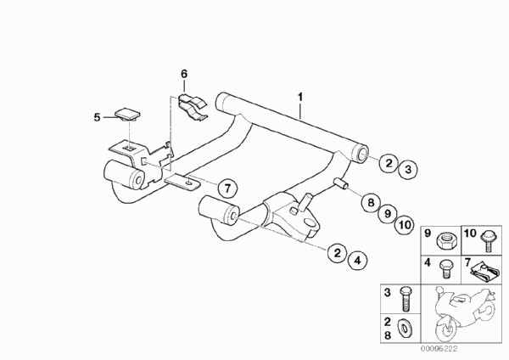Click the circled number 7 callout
point(226,188)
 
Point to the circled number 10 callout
point(404,225)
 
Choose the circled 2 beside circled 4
point(337,253)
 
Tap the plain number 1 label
point(299,98)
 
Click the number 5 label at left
point(97,115)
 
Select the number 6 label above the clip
point(182,75)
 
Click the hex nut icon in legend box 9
point(448,235)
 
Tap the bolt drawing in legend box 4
point(445,270)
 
